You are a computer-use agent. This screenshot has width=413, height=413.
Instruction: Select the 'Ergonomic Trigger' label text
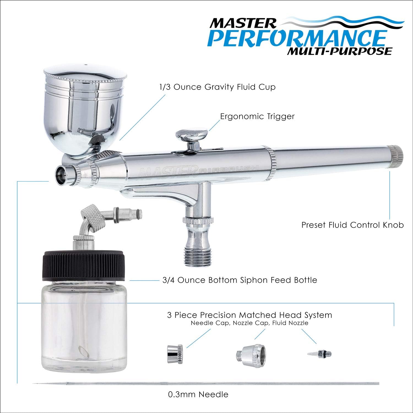257,116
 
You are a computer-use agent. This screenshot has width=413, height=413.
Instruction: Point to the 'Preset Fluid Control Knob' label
352,225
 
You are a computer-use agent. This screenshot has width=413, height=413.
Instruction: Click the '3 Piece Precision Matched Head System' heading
249,315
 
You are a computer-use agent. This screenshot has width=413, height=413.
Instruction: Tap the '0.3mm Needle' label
198,395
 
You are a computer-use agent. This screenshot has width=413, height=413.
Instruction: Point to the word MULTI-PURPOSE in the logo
339,51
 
